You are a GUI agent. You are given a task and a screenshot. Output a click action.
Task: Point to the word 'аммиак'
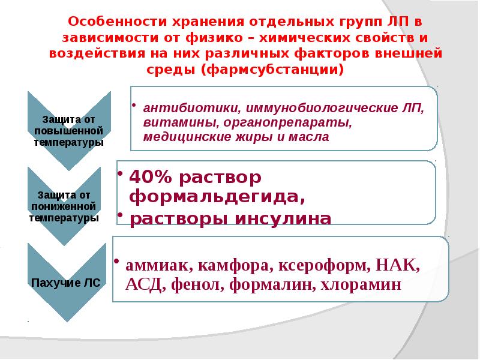(x=151, y=265)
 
